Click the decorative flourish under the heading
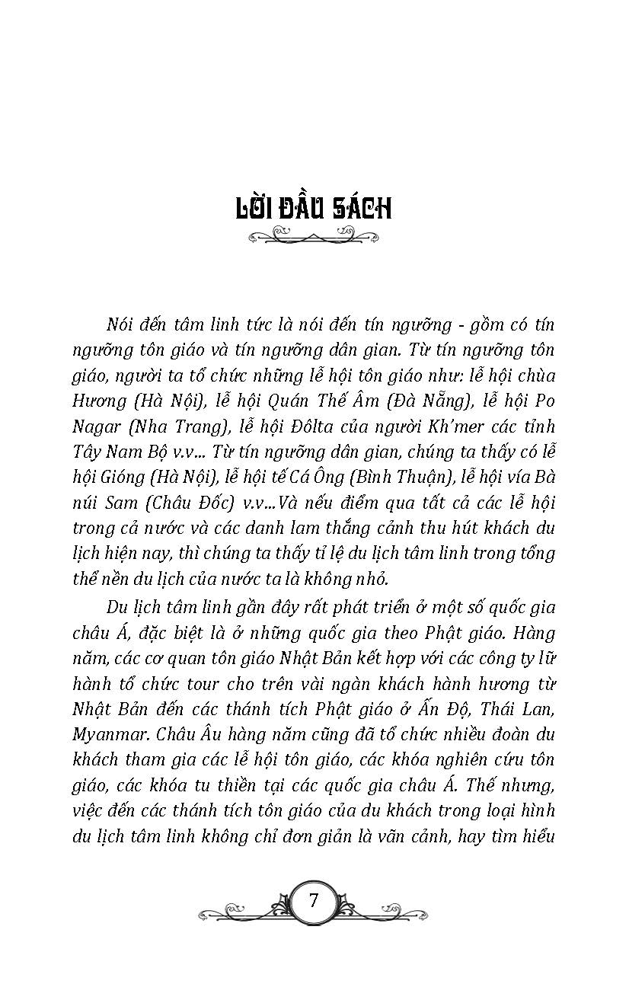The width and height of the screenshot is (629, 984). tap(313, 238)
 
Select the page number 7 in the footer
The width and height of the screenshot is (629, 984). tap(314, 900)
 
